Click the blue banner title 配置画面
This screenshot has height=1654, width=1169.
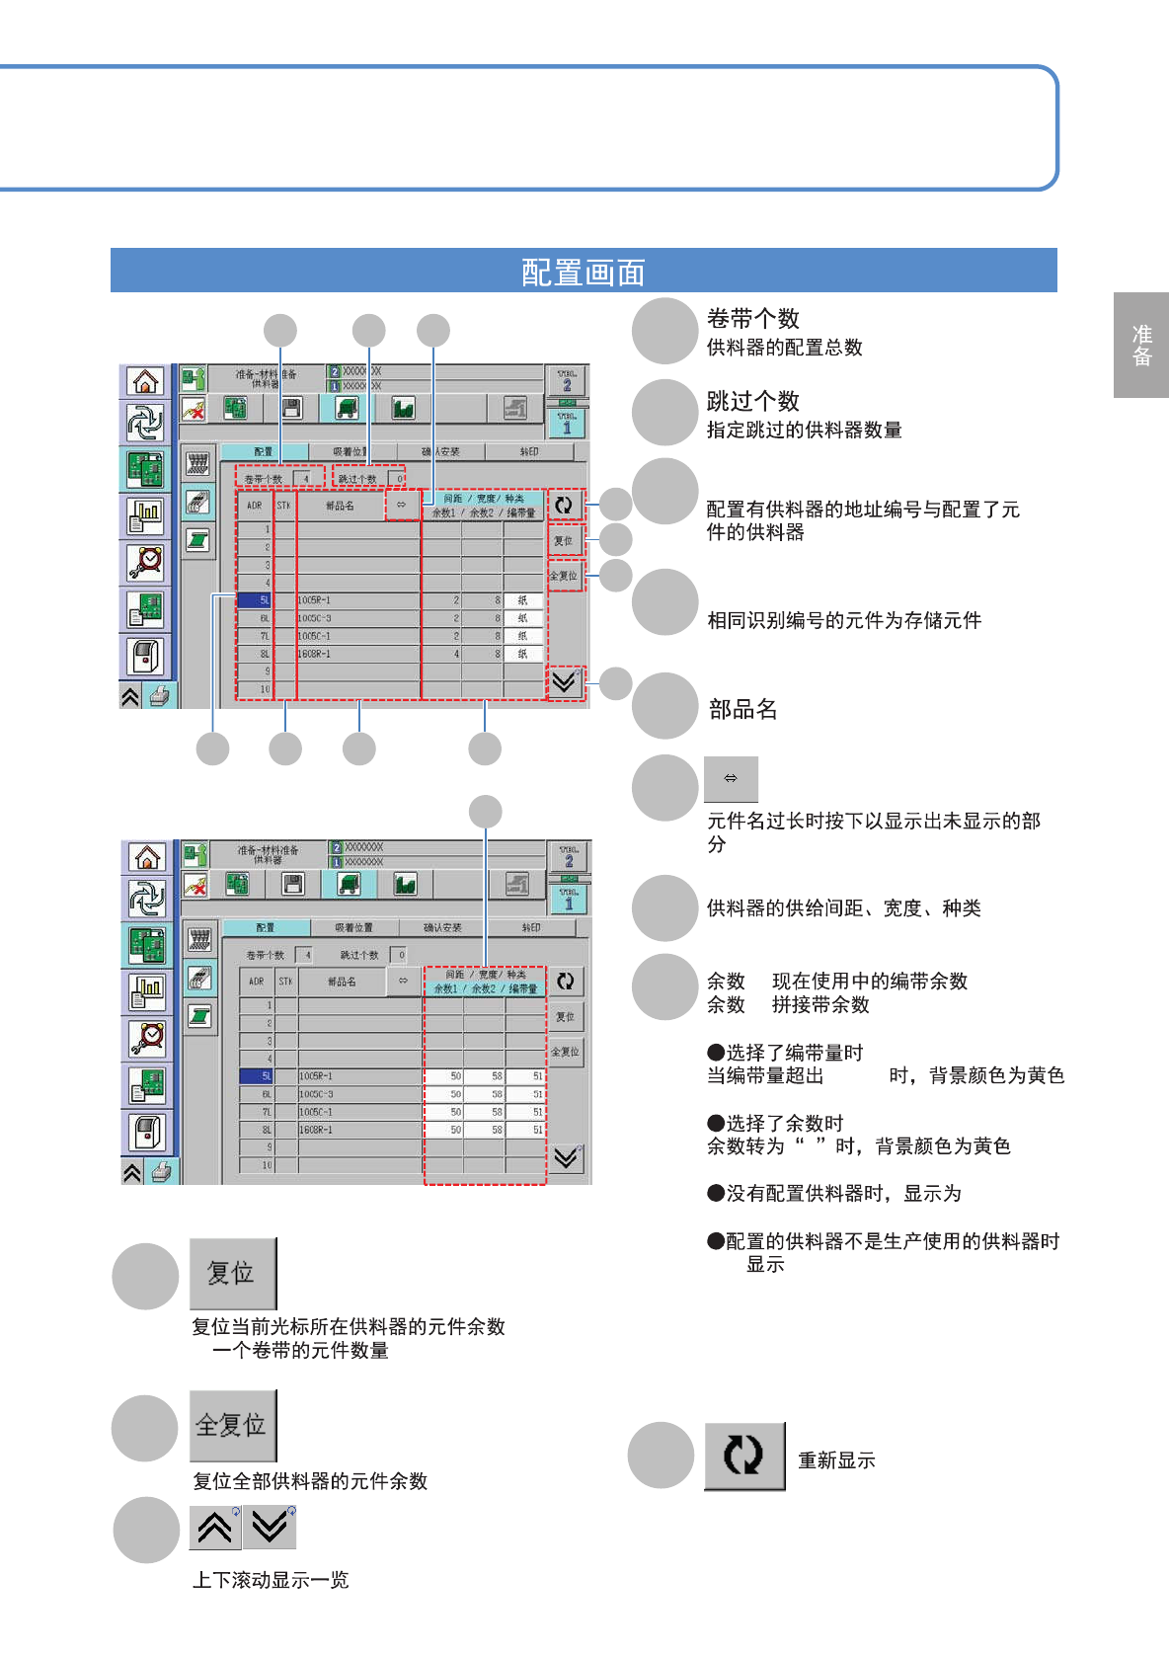coord(583,272)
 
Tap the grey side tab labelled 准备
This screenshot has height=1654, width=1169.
coord(1141,346)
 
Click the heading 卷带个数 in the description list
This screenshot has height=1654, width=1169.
coord(752,319)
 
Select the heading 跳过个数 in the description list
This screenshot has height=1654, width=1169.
coord(752,401)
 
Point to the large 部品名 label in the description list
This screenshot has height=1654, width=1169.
coord(742,709)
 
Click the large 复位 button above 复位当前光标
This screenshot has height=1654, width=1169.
coord(232,1273)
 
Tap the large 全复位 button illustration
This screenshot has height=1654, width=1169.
coord(232,1425)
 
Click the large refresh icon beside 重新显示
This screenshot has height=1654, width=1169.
coord(743,1456)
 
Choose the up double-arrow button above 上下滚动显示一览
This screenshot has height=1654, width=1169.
coord(215,1528)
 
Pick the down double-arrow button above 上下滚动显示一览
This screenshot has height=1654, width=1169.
coord(270,1528)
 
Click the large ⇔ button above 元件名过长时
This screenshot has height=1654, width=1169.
coord(731,779)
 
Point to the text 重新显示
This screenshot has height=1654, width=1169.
coord(836,1460)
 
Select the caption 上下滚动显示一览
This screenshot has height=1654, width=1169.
coord(271,1580)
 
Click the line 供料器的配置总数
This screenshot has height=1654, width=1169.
coord(784,348)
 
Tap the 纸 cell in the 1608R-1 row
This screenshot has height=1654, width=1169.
coord(522,654)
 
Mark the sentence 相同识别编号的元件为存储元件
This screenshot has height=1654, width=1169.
coord(844,620)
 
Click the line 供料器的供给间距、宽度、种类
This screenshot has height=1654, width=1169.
coord(843,908)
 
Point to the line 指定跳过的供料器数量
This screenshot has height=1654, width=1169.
coord(804,430)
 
